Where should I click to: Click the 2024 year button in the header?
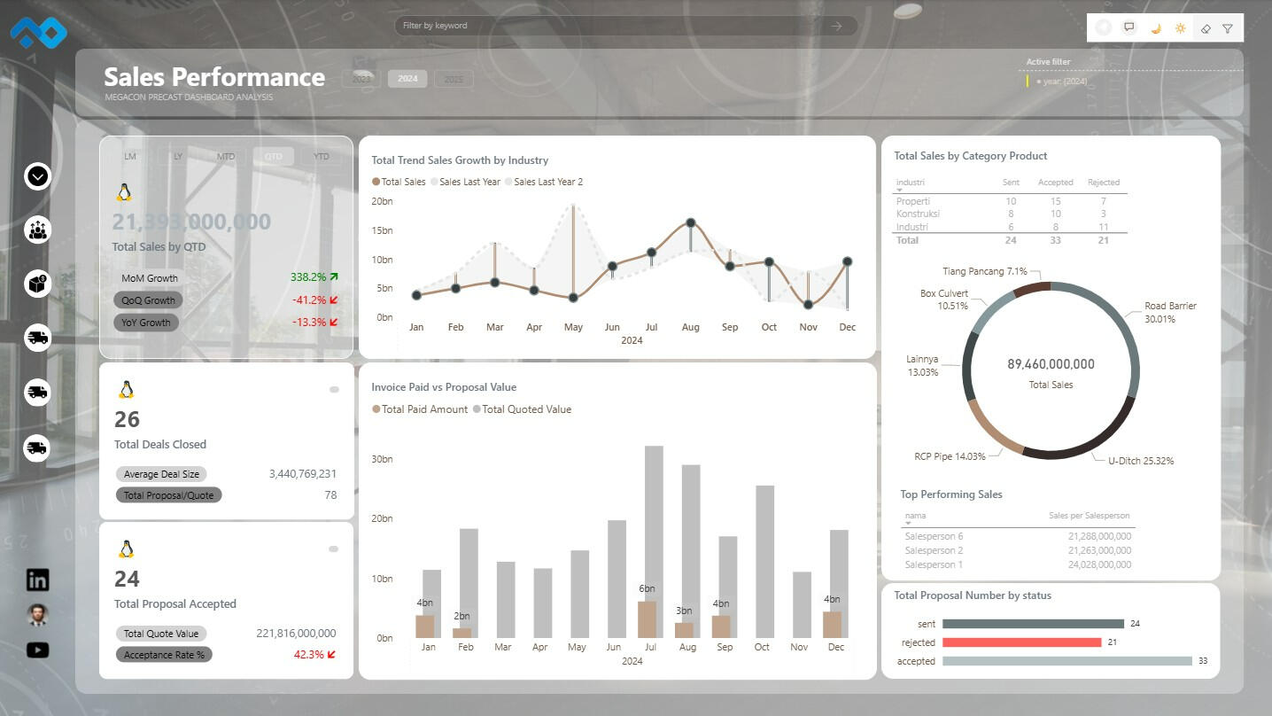click(x=407, y=79)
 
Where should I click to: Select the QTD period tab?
click(x=273, y=157)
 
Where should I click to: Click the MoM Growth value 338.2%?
click(x=308, y=277)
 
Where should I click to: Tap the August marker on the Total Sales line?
click(x=690, y=223)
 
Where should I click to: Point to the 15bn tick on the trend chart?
click(x=382, y=230)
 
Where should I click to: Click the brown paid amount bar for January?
click(x=425, y=626)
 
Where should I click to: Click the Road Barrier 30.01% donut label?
click(x=1169, y=312)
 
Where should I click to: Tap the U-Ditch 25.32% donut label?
click(x=1141, y=461)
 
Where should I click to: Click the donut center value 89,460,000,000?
click(x=1051, y=364)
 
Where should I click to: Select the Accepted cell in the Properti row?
click(x=1055, y=201)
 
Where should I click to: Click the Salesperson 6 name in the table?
click(x=934, y=536)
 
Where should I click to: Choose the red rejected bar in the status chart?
click(x=1021, y=642)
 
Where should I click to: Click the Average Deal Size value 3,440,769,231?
click(x=302, y=474)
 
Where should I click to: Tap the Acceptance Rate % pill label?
click(x=164, y=655)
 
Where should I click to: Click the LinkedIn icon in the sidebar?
click(x=37, y=580)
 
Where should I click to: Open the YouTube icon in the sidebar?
click(x=37, y=650)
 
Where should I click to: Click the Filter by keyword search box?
click(x=611, y=26)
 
